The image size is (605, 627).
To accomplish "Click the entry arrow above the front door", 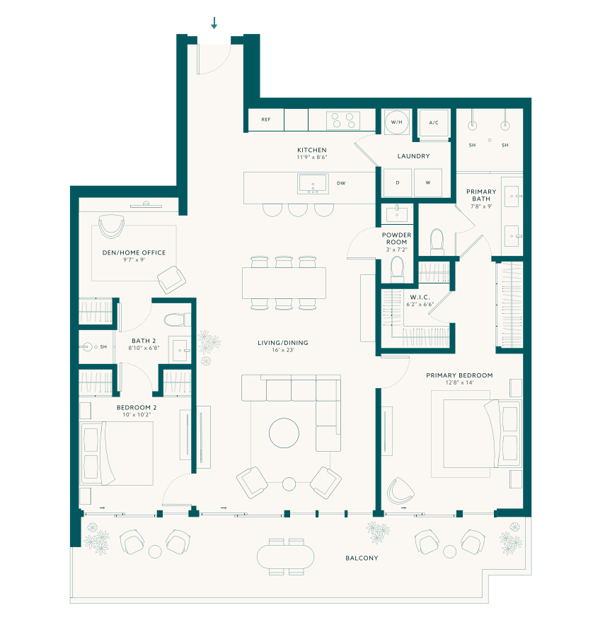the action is (214, 23).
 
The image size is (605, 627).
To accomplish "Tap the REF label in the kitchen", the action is (266, 119).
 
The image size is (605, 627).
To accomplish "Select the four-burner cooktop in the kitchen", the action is (343, 120).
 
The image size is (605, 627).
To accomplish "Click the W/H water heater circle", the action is (397, 122).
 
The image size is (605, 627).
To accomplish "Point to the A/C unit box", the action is (434, 123).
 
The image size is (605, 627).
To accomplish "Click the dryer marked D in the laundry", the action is (398, 183).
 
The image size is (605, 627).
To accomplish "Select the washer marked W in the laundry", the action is (428, 183).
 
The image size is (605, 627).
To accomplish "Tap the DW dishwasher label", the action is (341, 184).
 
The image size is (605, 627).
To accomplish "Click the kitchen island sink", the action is (313, 184).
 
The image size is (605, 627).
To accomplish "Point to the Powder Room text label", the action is (397, 238).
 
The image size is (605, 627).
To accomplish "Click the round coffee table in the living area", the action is (284, 433).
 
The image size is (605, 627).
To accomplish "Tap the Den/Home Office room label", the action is (134, 253).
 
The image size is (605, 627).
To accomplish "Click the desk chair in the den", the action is (111, 226).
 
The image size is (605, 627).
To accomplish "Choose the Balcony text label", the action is (362, 558).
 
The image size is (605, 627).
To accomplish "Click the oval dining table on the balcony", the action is (285, 556).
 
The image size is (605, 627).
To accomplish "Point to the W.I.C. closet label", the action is (420, 297).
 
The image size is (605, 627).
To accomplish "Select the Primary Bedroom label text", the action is (459, 375).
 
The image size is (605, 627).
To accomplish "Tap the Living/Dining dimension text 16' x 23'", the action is (283, 350).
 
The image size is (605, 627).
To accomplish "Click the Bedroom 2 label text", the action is (137, 407).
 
